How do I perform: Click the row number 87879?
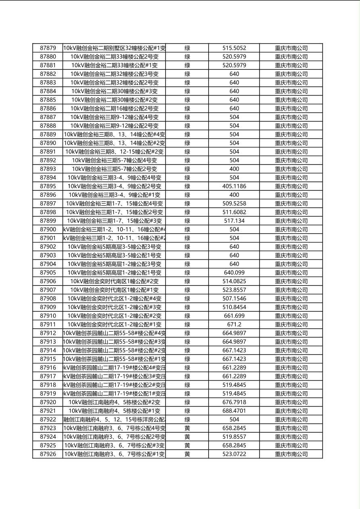point(48,48)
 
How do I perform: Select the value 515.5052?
point(234,48)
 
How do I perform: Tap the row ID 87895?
point(48,186)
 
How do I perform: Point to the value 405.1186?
point(234,186)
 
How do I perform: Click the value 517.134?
point(234,221)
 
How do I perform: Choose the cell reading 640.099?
point(234,273)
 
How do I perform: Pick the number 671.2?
point(234,325)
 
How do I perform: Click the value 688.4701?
point(234,411)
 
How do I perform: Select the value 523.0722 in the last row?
point(234,454)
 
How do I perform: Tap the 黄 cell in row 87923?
point(187,428)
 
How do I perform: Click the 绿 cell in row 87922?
point(187,419)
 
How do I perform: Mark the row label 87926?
point(48,454)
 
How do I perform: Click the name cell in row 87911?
point(115,325)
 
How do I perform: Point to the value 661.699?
point(234,316)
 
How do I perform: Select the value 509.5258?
point(234,204)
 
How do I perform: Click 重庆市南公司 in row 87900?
point(291,229)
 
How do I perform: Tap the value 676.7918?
point(234,402)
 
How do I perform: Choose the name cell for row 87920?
point(115,402)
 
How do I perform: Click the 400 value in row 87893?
point(234,169)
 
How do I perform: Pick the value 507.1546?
point(234,298)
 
